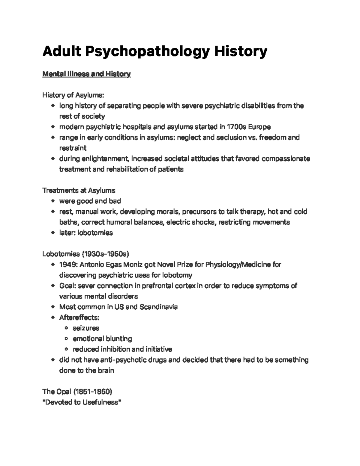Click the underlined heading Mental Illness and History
point(86,74)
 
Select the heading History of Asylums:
point(73,95)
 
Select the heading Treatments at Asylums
point(79,191)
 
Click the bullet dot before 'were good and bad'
point(53,201)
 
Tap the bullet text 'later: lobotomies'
point(86,233)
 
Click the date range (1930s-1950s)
point(105,254)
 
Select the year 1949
point(68,265)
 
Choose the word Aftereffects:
point(79,317)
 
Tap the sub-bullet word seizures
point(86,328)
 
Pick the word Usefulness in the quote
point(100,402)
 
